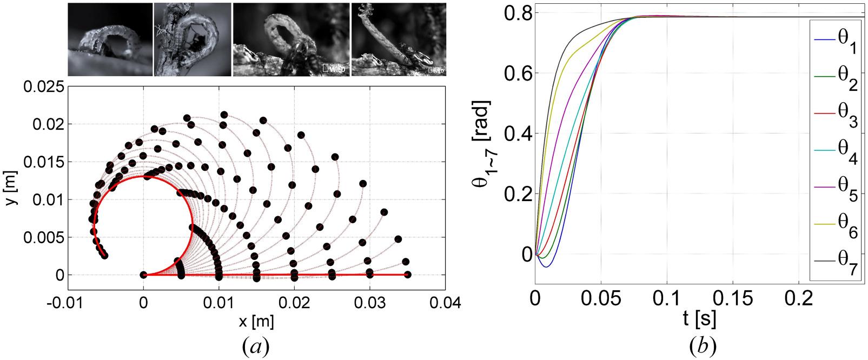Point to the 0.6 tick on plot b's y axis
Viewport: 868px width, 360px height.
tap(518, 74)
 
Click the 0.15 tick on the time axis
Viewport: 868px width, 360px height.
tap(732, 298)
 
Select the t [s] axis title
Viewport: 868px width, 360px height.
tap(699, 319)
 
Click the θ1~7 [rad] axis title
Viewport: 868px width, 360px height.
tap(481, 143)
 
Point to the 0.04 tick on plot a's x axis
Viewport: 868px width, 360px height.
tap(445, 303)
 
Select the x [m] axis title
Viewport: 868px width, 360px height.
tap(256, 322)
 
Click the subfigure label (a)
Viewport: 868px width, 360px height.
tap(255, 346)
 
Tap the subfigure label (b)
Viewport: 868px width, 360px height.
tap(703, 346)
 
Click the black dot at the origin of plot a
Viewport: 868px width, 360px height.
tap(143, 275)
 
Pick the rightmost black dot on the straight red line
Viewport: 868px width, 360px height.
tap(408, 275)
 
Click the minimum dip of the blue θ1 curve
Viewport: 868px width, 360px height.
tap(547, 266)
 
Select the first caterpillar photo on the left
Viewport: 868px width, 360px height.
tap(110, 39)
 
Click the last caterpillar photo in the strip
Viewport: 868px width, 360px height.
tap(399, 39)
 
